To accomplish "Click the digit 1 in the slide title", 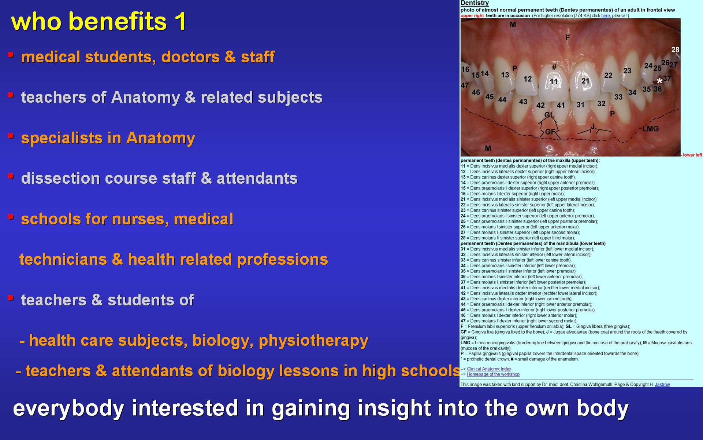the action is [x=181, y=21].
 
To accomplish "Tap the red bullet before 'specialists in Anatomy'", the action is [x=11, y=136].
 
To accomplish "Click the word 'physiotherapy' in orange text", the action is [x=313, y=341].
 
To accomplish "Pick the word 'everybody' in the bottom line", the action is [x=68, y=408].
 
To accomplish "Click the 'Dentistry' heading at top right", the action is [x=475, y=3].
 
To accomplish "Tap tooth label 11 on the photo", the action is [x=554, y=81].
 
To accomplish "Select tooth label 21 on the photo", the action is [x=585, y=81].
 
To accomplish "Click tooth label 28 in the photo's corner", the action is [x=675, y=49].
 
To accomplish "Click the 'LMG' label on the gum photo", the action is [x=650, y=129].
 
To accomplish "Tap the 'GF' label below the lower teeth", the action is [x=550, y=132].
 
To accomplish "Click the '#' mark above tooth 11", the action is [x=554, y=67].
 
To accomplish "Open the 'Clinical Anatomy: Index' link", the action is [x=489, y=369].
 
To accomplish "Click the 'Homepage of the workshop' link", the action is [x=493, y=374].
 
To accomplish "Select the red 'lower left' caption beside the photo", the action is [x=692, y=155].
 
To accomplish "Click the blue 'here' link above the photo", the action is [x=606, y=16].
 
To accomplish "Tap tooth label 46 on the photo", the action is [x=476, y=92].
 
